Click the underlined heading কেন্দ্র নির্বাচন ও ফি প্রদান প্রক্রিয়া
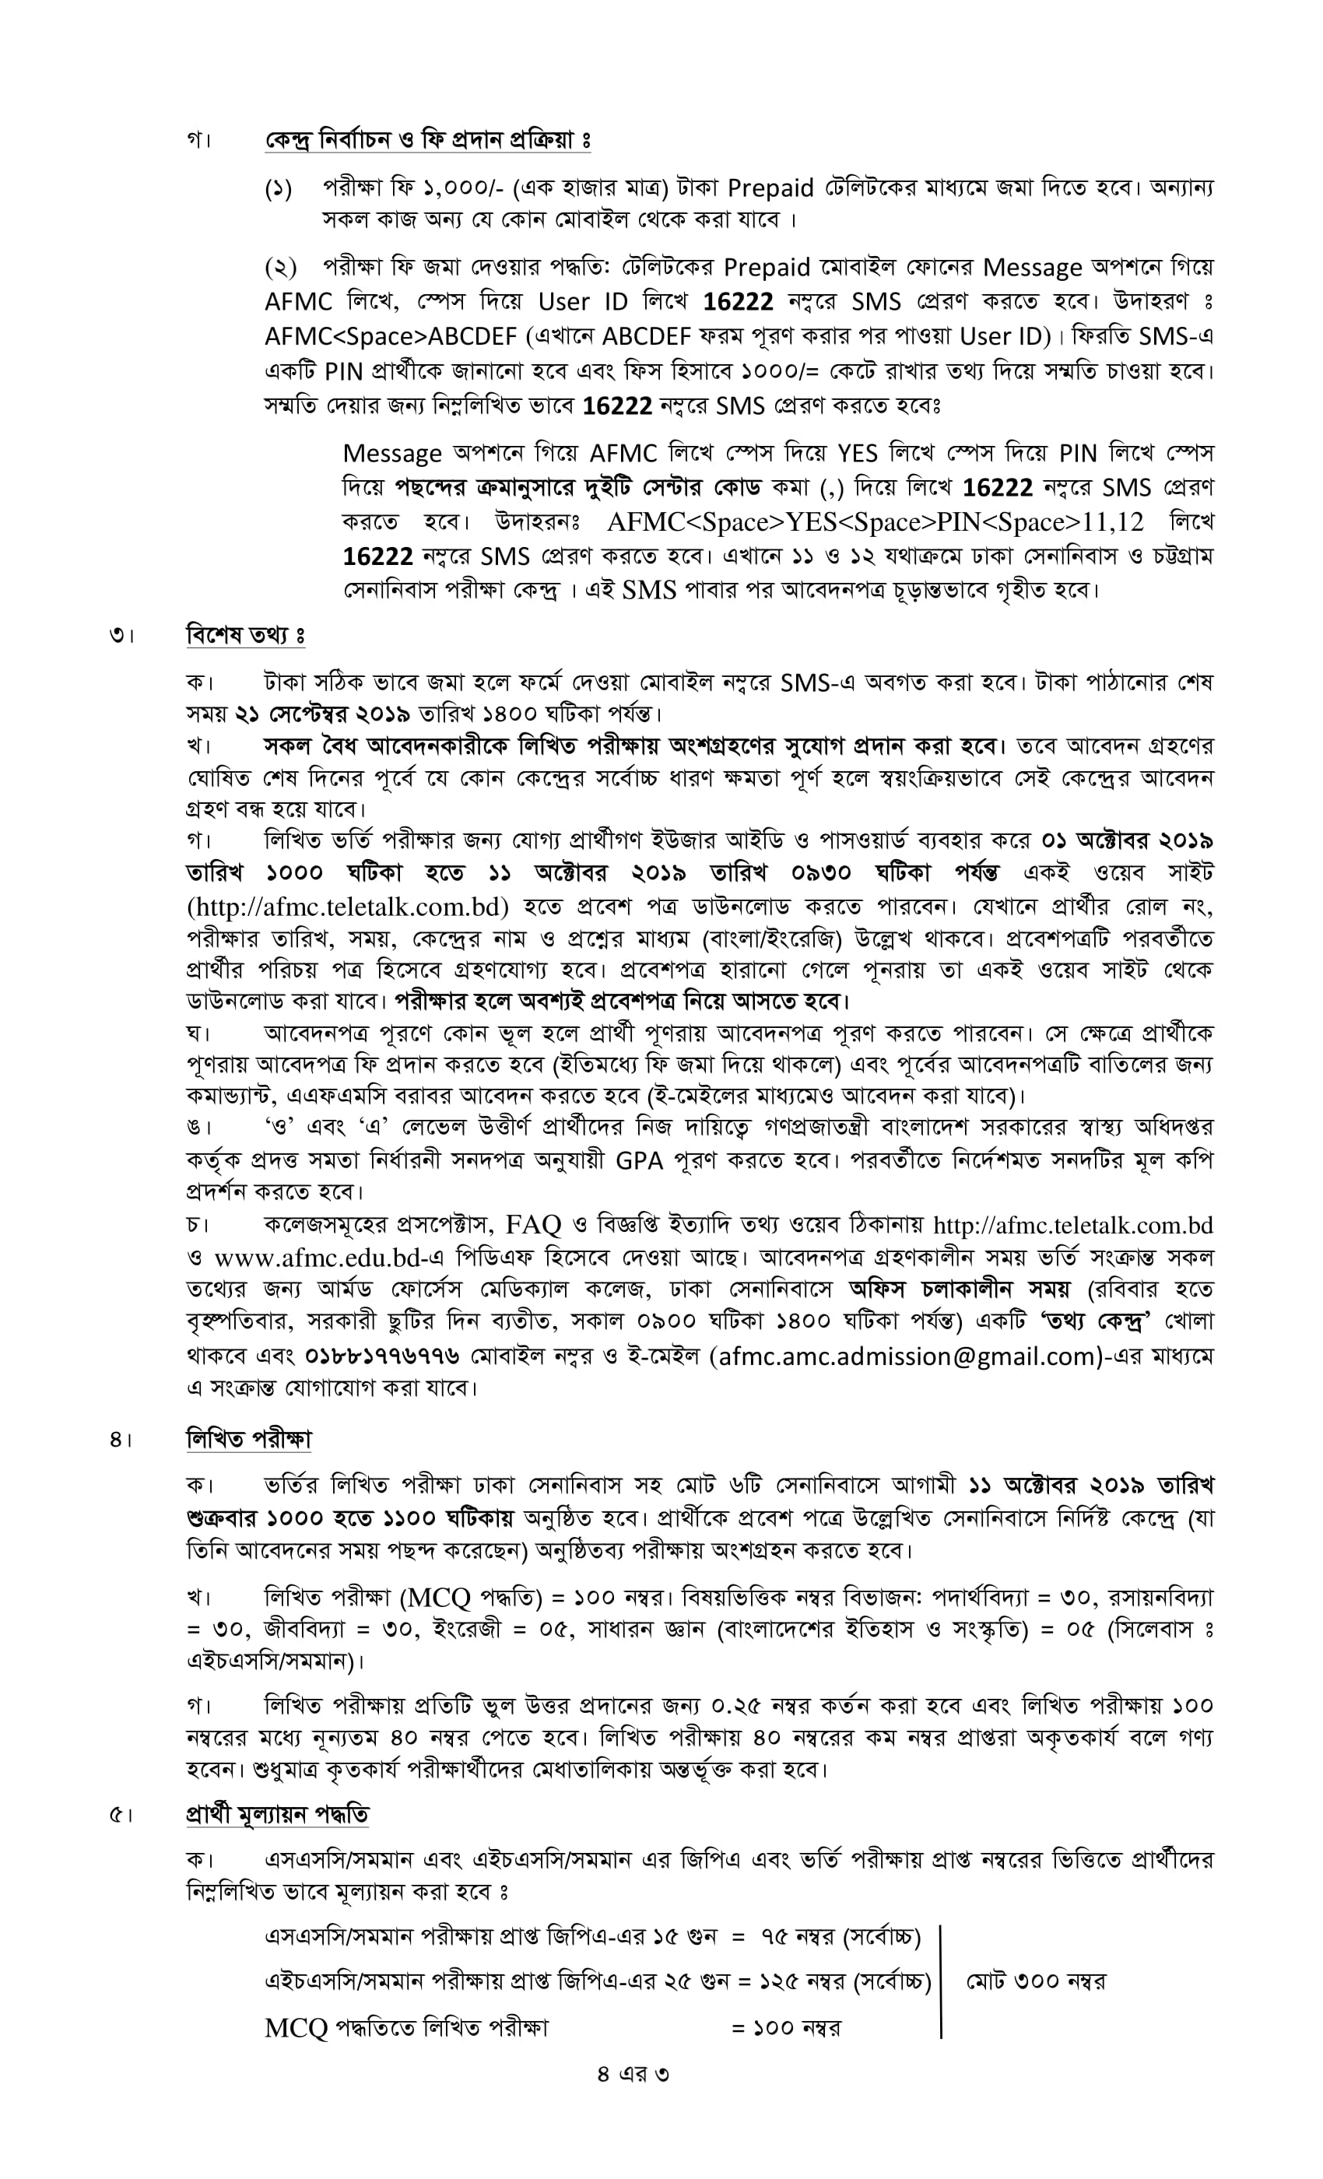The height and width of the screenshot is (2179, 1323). [x=427, y=140]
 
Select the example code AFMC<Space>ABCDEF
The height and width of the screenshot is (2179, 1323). [x=394, y=336]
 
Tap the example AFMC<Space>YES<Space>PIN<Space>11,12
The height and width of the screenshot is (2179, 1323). [x=875, y=521]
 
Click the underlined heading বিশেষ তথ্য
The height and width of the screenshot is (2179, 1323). [x=245, y=635]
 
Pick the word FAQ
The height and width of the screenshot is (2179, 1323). [x=532, y=1225]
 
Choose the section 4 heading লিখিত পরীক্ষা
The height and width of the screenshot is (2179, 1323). [x=248, y=1440]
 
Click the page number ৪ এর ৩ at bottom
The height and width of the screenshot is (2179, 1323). [x=633, y=2073]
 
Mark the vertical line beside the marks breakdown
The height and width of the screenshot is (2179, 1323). [x=941, y=1981]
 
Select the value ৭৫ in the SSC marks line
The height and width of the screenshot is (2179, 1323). [x=774, y=1937]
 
